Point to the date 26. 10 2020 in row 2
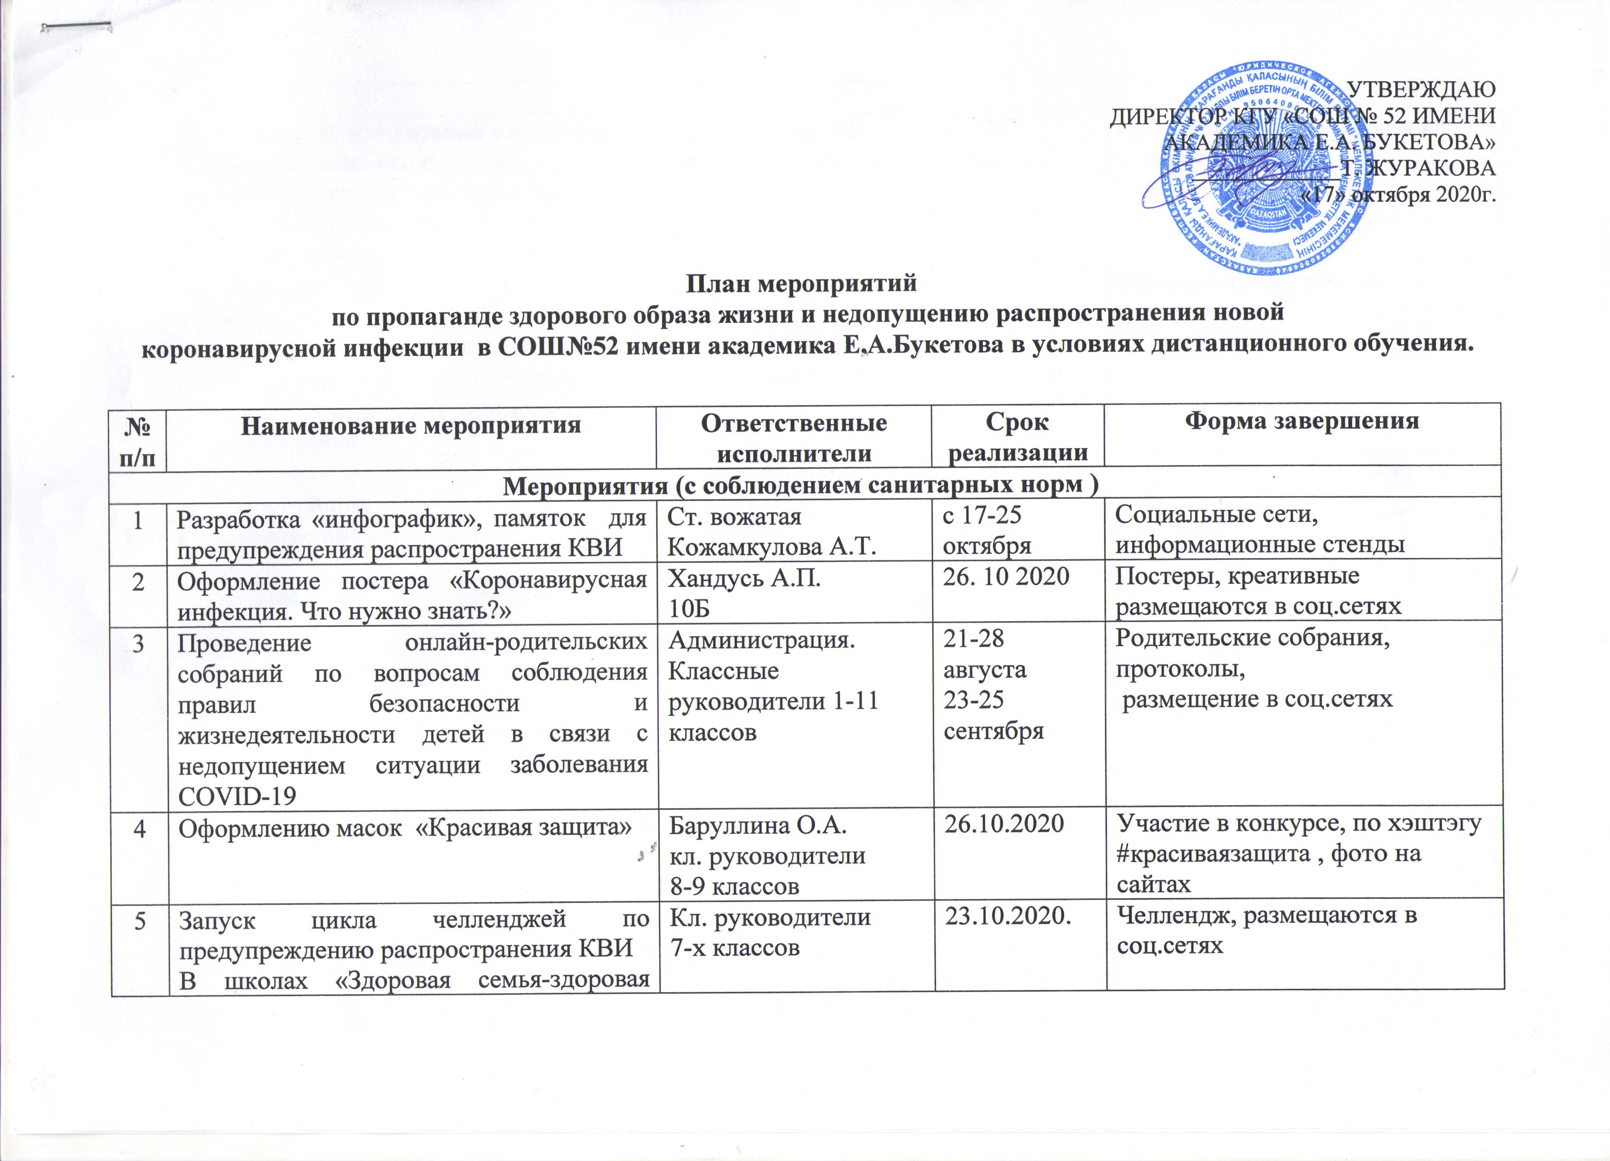coord(1005,576)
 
